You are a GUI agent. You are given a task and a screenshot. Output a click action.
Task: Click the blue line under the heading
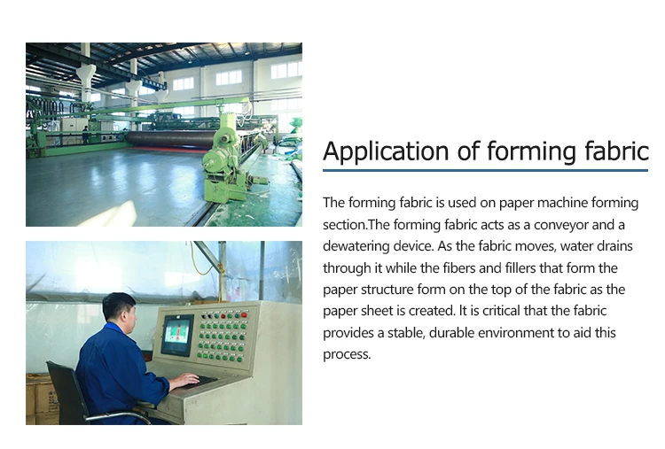[485, 170]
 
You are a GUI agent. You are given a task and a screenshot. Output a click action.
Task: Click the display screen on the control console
[177, 334]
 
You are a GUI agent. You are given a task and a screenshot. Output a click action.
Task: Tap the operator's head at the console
[118, 308]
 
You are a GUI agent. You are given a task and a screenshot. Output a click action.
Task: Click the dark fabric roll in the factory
[168, 139]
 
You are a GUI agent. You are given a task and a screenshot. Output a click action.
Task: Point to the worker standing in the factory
[86, 135]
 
